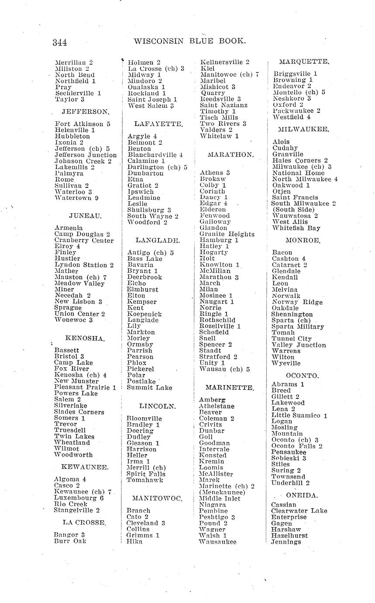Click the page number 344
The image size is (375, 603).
(x=60, y=42)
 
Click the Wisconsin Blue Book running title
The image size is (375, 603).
(x=190, y=42)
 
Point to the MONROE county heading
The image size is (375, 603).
(x=303, y=240)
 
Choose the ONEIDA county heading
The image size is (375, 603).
(x=302, y=496)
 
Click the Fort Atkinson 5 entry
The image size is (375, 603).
(x=83, y=124)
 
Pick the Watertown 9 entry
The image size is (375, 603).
(x=77, y=198)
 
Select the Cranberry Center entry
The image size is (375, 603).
(x=84, y=240)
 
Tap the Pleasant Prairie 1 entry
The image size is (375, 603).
(x=85, y=387)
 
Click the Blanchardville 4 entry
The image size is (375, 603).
(x=155, y=155)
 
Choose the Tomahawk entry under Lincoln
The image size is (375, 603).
(x=145, y=480)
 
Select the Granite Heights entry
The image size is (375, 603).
(x=227, y=234)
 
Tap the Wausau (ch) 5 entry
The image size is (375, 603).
(x=224, y=369)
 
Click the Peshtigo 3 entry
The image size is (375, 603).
(x=217, y=517)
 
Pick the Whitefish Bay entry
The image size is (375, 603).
(x=296, y=228)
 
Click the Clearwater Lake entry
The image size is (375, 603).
(x=299, y=511)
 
